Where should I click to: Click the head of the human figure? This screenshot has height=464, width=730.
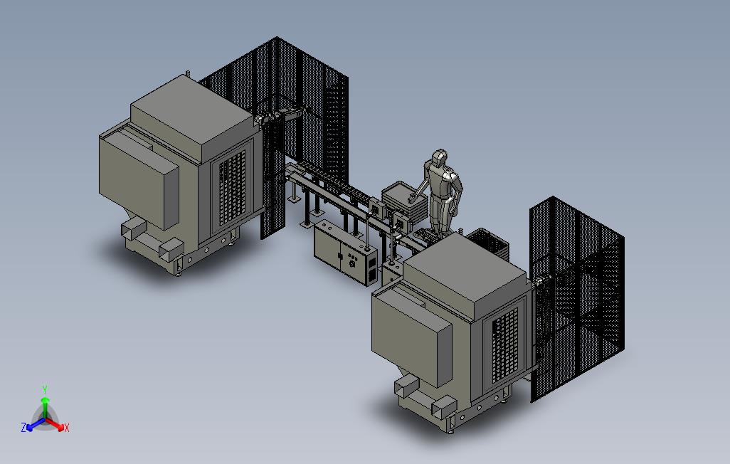click(439, 157)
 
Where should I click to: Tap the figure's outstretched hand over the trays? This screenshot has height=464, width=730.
click(411, 199)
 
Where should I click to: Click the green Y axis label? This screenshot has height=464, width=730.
click(45, 389)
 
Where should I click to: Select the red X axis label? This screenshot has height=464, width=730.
click(67, 428)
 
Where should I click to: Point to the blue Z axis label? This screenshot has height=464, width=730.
click(23, 427)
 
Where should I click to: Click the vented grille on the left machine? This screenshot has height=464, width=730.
click(231, 188)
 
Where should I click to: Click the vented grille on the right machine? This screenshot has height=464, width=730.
click(504, 345)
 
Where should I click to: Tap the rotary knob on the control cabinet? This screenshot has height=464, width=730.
click(352, 265)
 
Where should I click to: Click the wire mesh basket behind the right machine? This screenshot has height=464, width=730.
click(488, 242)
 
